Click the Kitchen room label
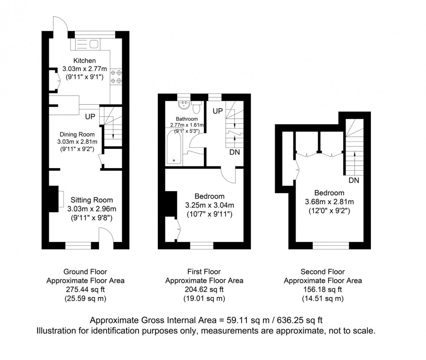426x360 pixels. (x=84, y=60)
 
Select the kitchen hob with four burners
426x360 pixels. (x=116, y=77)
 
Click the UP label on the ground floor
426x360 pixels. (x=90, y=117)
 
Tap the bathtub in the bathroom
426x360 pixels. (x=175, y=148)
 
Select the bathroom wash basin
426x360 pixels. (x=184, y=104)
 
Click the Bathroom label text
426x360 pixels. (x=187, y=119)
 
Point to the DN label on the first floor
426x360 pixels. (x=235, y=152)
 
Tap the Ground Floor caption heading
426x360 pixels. (x=85, y=272)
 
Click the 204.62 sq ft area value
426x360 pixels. (x=203, y=289)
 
